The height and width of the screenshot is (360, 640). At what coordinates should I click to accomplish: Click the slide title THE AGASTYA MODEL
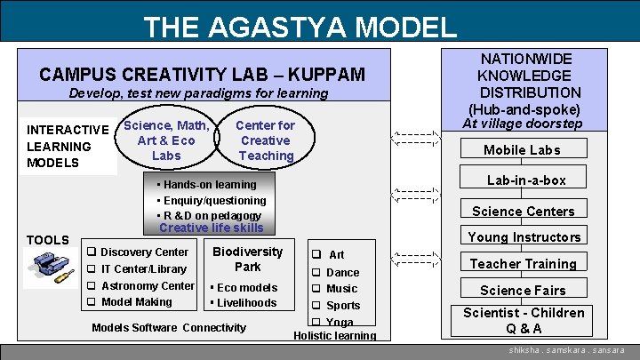[x=300, y=27]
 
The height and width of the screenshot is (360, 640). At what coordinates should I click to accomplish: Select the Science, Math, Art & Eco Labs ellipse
[x=166, y=140]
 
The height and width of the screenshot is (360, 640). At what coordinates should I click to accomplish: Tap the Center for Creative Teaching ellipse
[x=266, y=140]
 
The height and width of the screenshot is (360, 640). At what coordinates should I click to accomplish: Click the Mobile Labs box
[x=522, y=149]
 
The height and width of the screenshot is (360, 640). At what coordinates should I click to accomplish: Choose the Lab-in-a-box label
[x=526, y=180]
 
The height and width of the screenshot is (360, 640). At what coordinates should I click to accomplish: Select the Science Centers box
[x=523, y=211]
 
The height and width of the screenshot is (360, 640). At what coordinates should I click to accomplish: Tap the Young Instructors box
[x=524, y=236]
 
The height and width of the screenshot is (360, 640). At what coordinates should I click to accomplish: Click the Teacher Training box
[x=523, y=263]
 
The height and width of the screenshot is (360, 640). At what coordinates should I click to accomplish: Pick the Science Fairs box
[x=523, y=290]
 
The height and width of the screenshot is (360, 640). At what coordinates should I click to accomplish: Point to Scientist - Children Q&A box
[x=524, y=320]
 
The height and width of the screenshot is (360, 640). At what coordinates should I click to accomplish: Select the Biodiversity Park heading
[x=247, y=259]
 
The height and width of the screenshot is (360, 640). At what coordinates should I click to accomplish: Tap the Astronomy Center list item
[x=147, y=285]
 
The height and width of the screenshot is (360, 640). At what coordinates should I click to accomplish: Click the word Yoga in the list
[x=340, y=322]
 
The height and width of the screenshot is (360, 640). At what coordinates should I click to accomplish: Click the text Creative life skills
[x=211, y=228]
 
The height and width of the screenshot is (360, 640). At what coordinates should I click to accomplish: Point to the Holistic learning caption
[x=334, y=335]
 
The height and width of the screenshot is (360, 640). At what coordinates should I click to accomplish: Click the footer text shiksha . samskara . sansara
[x=567, y=351]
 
